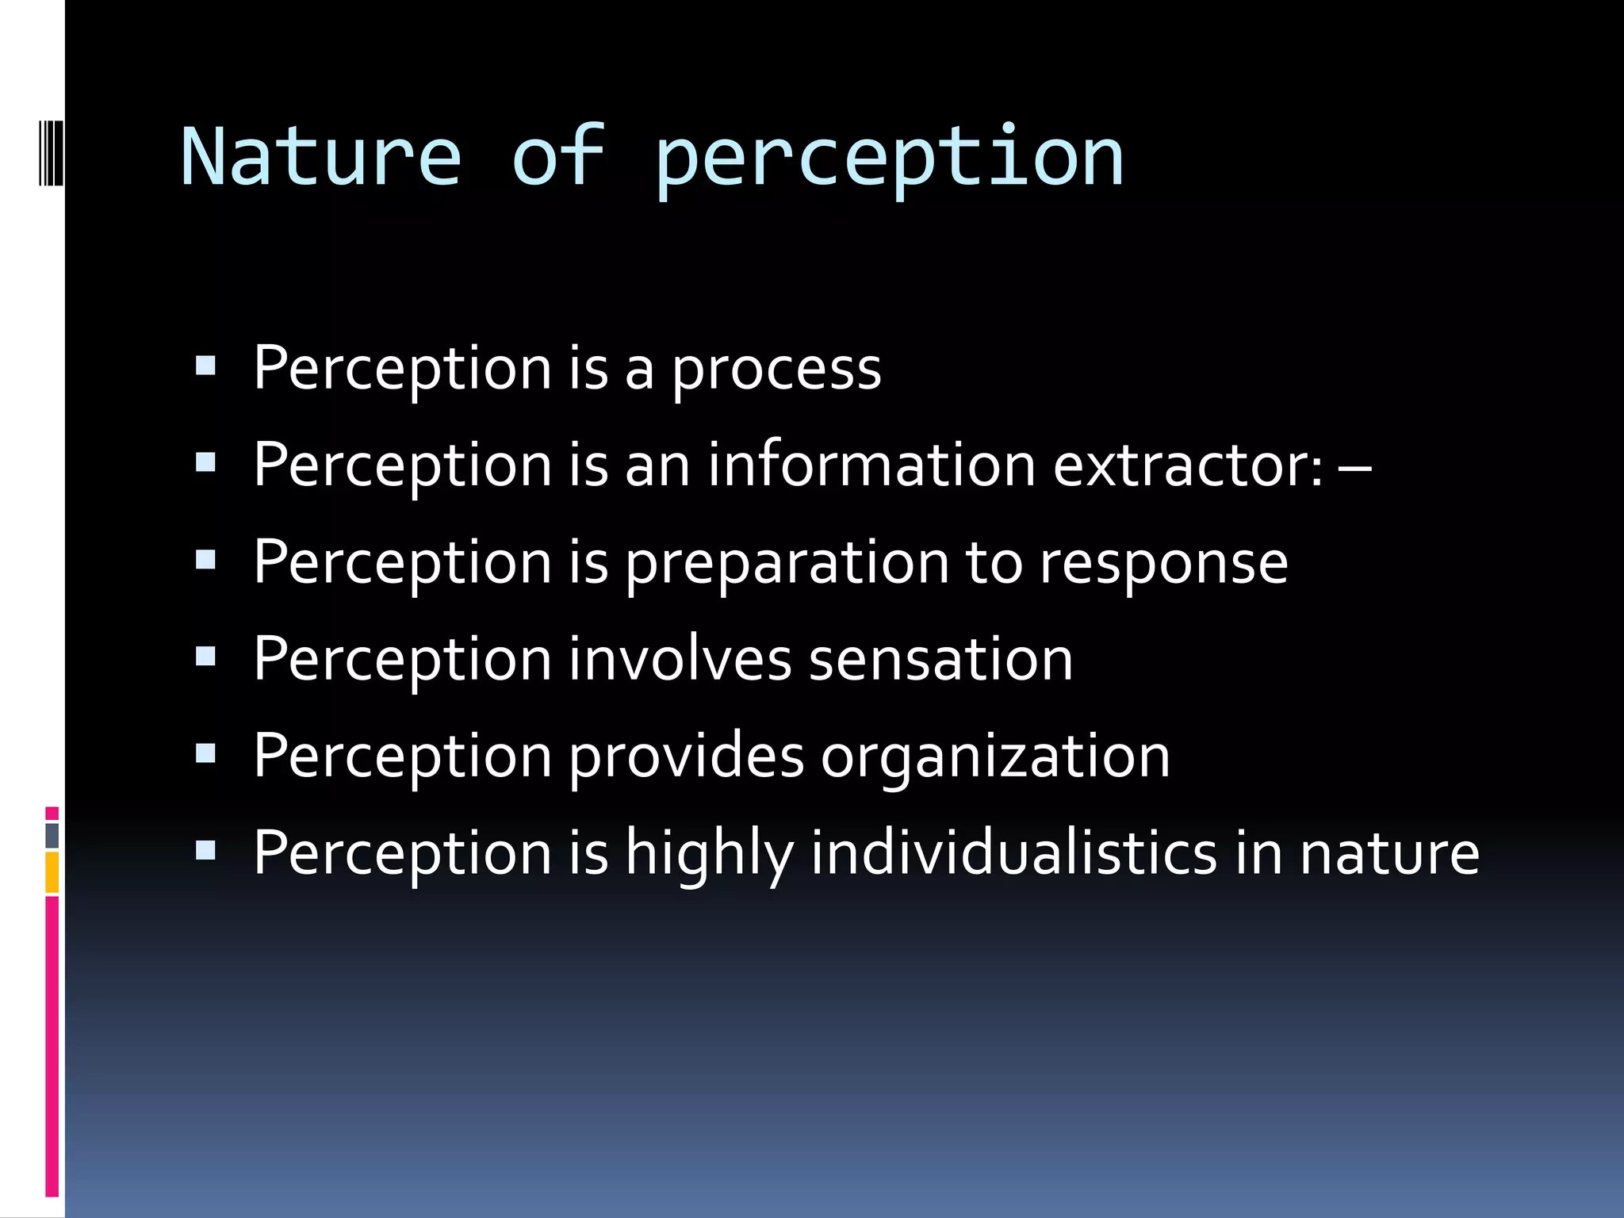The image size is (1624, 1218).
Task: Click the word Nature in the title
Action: click(320, 157)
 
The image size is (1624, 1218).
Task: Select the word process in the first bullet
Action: click(776, 370)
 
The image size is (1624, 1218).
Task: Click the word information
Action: click(871, 465)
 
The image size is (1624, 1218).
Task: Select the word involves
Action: click(680, 660)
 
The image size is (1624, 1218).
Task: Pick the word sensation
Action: click(940, 660)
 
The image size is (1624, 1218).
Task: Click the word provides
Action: click(687, 756)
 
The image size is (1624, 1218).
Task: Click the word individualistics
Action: click(1013, 853)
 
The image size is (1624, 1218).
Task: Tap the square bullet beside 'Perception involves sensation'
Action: click(205, 657)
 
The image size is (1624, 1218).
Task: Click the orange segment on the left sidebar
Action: click(52, 872)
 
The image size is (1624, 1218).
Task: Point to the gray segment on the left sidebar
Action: click(52, 836)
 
